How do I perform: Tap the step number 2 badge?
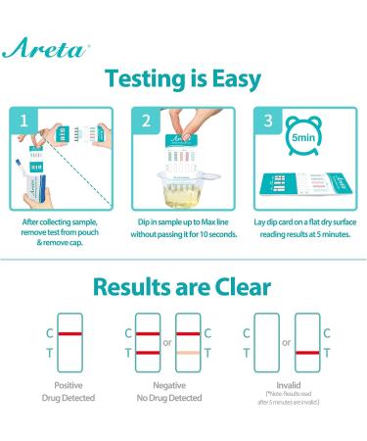click(x=146, y=122)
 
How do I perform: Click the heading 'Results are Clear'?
click(x=183, y=286)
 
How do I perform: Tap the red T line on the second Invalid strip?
click(x=306, y=351)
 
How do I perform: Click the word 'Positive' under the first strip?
click(x=62, y=386)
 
